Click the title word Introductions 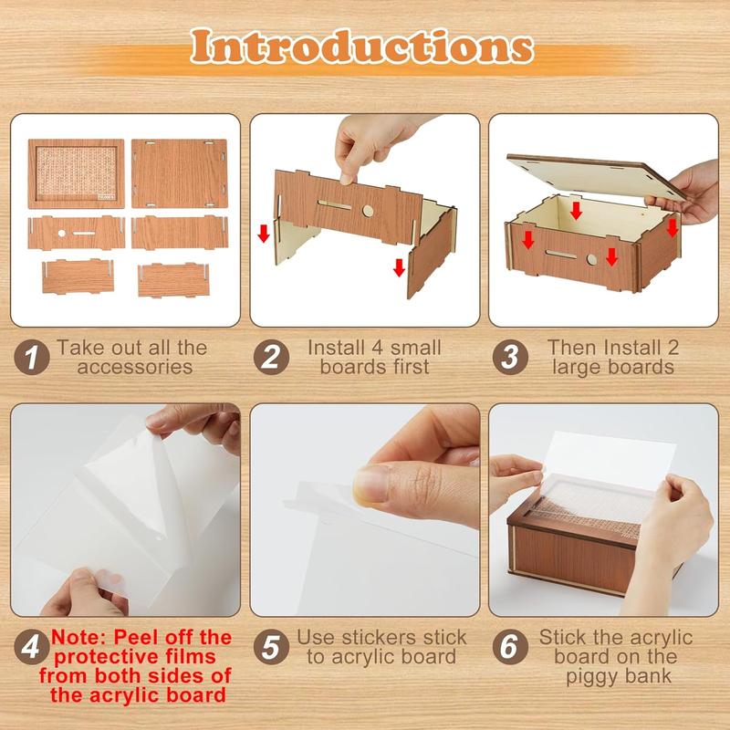tap(365, 47)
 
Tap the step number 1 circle tap(35, 358)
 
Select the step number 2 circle tap(271, 358)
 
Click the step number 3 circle tap(508, 358)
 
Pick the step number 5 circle tap(271, 648)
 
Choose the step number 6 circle tap(508, 648)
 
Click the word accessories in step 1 tap(135, 368)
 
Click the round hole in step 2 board tap(367, 212)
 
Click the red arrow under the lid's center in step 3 tap(576, 212)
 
